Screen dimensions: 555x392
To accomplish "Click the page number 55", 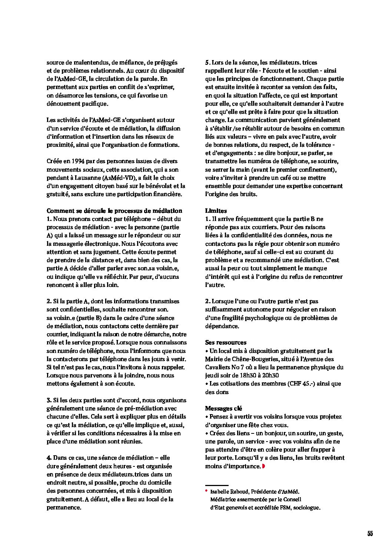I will coord(370,534).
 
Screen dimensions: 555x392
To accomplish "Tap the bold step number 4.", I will coord(49,457).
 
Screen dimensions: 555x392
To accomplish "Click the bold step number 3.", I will coord(49,400).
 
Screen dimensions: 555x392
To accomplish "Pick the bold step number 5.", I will coord(207,62).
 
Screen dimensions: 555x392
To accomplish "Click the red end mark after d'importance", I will coord(263,466).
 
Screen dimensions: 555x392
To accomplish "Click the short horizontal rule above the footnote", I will coord(217,485).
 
